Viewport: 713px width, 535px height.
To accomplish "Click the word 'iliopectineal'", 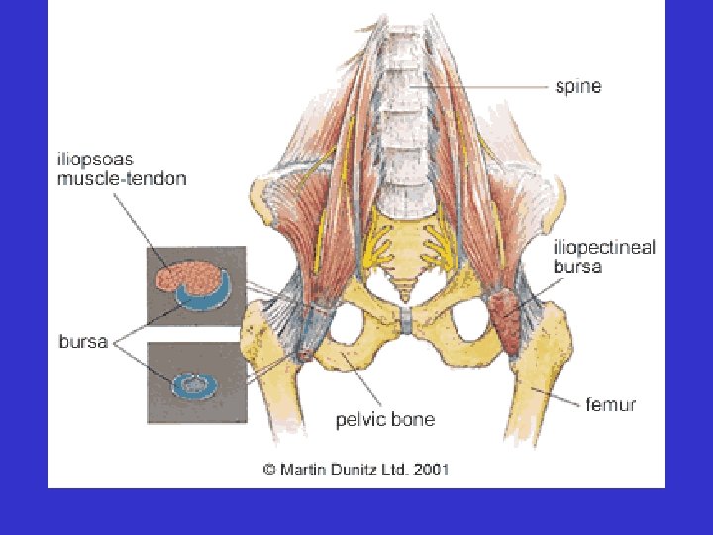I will tap(603, 248).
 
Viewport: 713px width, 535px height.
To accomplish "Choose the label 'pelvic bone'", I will tap(385, 420).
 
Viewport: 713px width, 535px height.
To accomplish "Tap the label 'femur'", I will tap(611, 404).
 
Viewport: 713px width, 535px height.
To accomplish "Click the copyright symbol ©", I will tap(268, 470).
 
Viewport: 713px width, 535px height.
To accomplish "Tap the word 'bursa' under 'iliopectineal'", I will tap(577, 267).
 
